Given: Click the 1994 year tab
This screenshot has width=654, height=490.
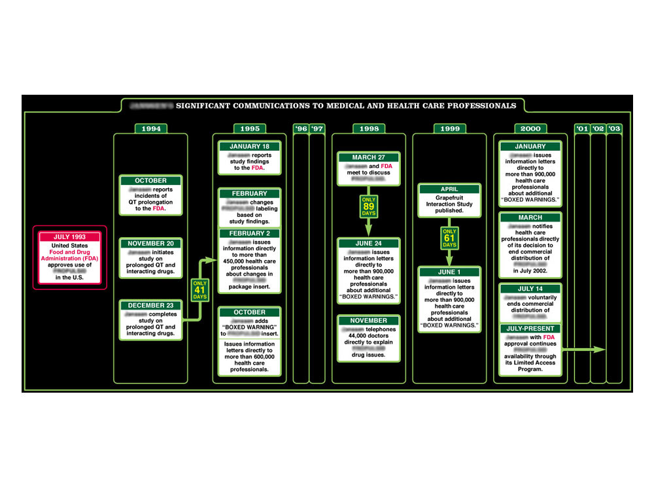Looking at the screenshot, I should [150, 129].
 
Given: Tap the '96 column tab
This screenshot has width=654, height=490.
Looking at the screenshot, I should [301, 129].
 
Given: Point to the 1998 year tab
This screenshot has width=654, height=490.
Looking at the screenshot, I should [369, 129].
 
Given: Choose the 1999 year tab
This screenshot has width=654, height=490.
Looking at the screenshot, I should [449, 129].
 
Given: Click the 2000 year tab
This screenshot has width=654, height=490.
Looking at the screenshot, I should [530, 129].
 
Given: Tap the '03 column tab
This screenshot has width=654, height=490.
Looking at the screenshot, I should [614, 129].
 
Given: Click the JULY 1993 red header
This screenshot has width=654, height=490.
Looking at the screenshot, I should [69, 237].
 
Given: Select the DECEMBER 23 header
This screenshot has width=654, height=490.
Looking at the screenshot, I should [150, 304].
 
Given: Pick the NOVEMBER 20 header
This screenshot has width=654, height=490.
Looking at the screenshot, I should [150, 243].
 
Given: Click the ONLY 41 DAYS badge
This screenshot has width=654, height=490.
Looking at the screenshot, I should [200, 289].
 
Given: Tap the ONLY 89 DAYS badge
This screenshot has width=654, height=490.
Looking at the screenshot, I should [369, 206].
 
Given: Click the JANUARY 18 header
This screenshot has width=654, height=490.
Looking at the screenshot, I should [249, 146].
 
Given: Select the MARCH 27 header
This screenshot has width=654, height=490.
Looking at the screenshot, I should [369, 157].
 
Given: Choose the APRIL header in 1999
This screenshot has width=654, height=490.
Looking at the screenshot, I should [449, 189].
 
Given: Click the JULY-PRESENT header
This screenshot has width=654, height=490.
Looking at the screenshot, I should [530, 329].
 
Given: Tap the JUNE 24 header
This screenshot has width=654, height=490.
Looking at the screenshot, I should [369, 243].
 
